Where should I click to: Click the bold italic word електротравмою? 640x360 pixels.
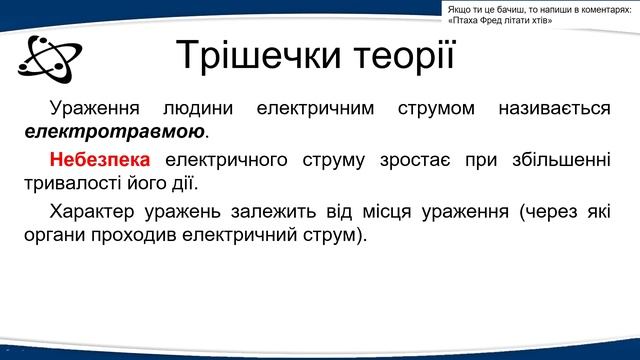(115, 131)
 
